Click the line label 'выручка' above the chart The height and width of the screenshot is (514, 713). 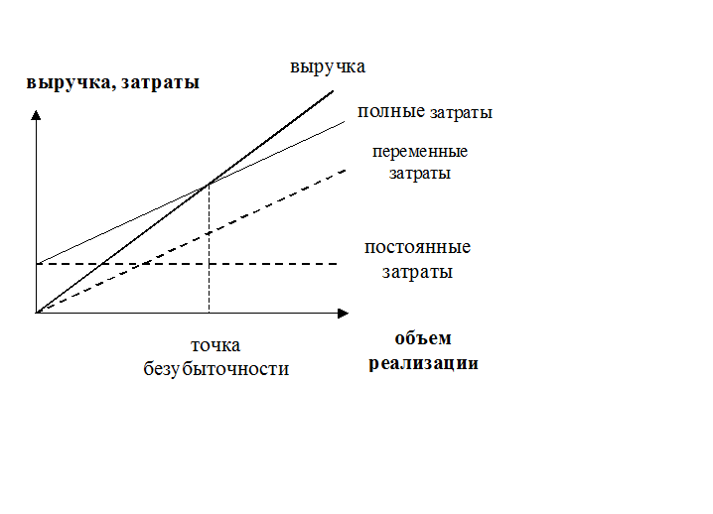(328, 67)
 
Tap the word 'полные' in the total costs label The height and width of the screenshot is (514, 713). (391, 112)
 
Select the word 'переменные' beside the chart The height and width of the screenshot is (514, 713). (420, 152)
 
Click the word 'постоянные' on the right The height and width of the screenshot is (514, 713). (417, 247)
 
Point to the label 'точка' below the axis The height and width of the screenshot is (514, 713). (215, 346)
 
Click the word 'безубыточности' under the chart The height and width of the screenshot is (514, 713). (216, 369)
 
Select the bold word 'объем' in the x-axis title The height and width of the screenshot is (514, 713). (423, 338)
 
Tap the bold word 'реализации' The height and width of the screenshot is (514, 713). (423, 363)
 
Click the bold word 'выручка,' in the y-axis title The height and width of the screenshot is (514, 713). (70, 83)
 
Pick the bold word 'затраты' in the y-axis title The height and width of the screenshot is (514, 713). (161, 83)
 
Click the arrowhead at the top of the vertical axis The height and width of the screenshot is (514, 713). (36, 115)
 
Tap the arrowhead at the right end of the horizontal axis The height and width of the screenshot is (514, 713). (344, 314)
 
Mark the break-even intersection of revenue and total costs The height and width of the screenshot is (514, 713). (210, 184)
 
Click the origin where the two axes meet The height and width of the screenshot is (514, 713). (36, 313)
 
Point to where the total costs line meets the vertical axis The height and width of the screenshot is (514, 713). (36, 264)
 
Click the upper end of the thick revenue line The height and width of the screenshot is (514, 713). (333, 91)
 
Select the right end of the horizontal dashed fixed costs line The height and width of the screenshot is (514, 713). (337, 264)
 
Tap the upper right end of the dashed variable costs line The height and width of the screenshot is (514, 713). (346, 170)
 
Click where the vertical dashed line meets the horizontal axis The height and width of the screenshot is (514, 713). (210, 313)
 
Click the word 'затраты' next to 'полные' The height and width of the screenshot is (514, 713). (461, 113)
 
